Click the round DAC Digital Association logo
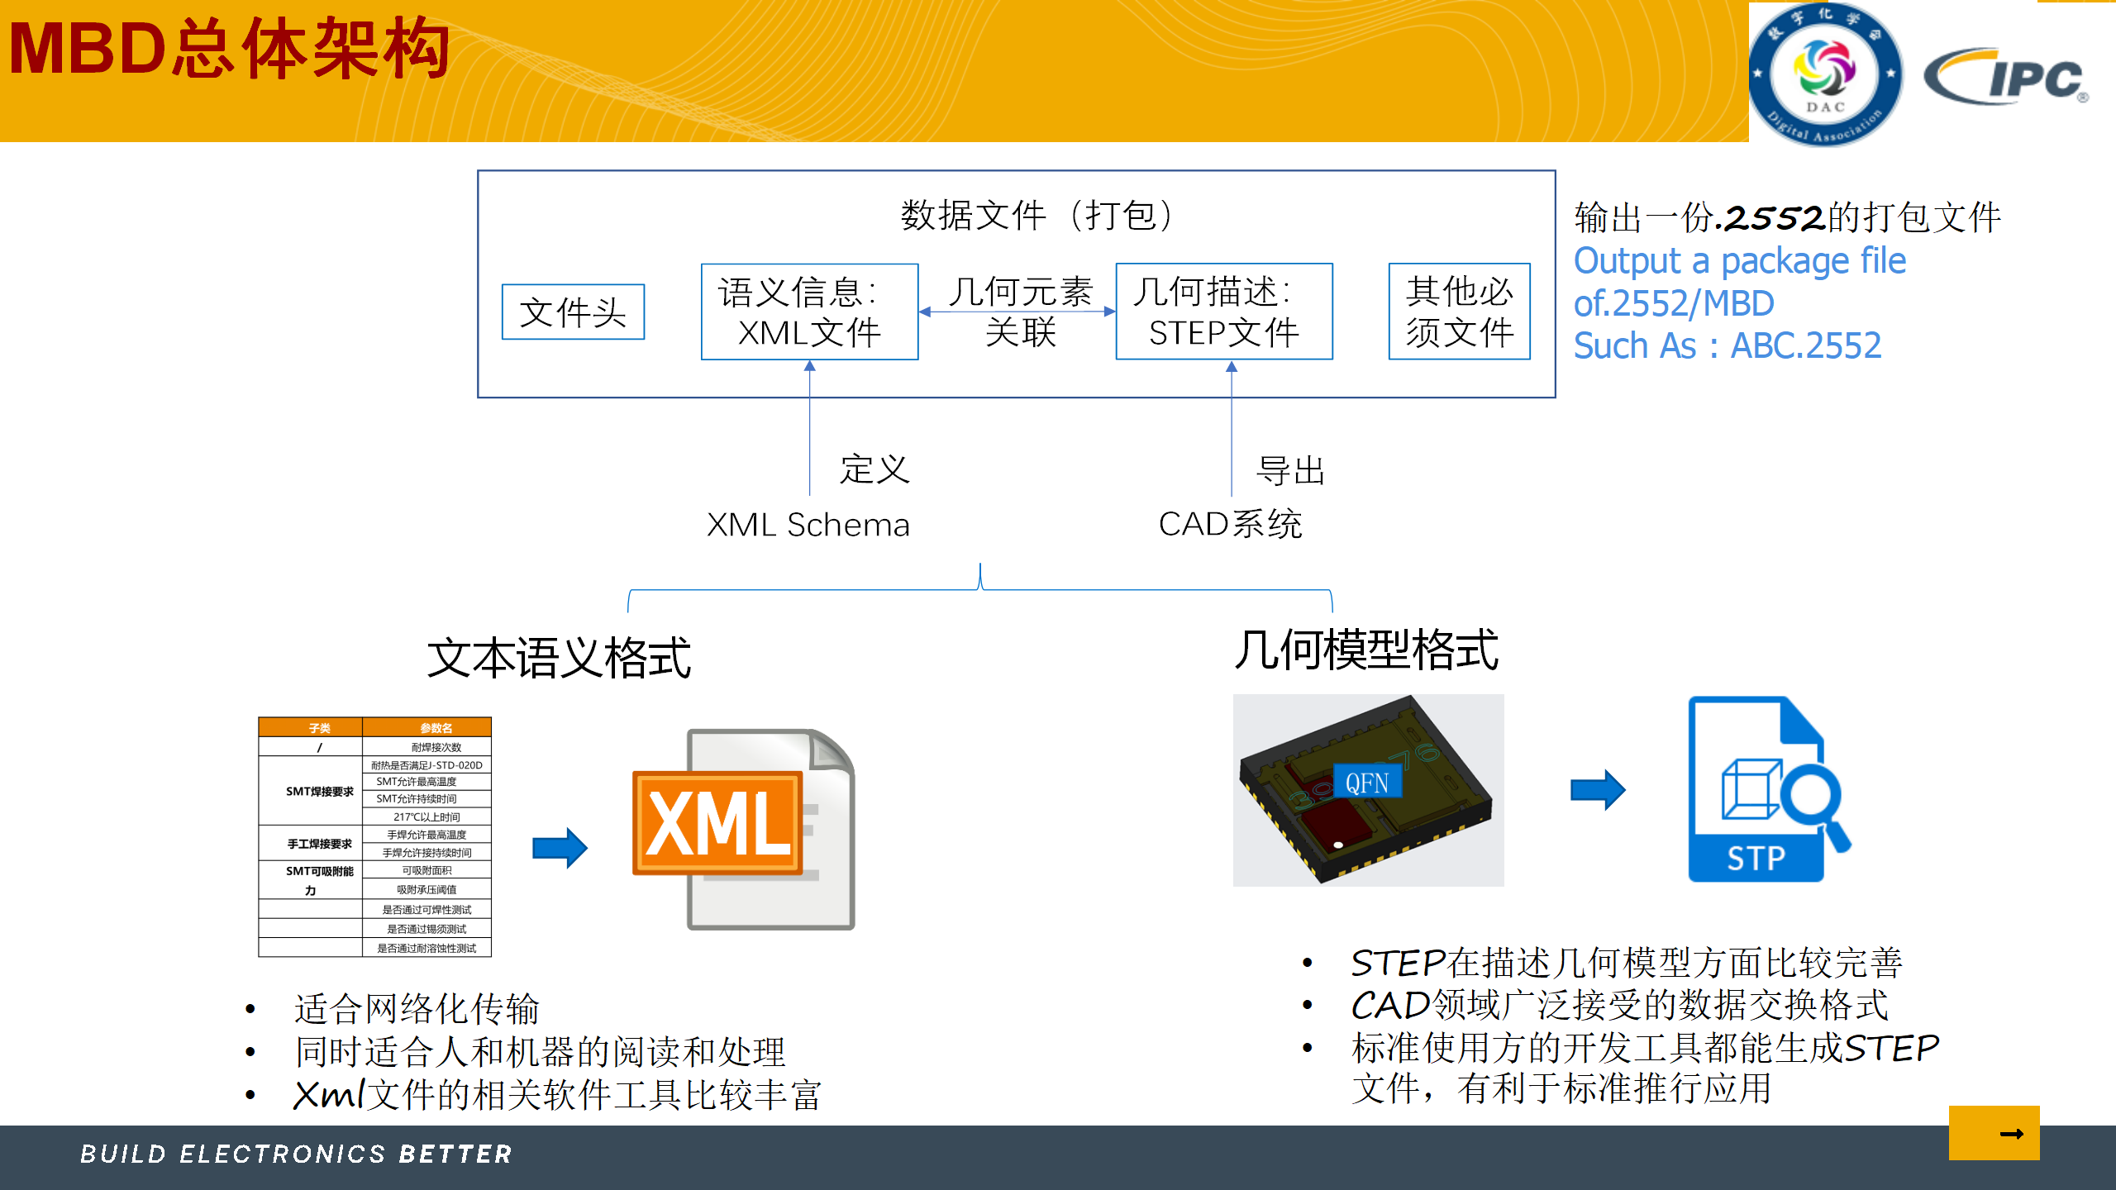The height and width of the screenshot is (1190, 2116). [x=1825, y=74]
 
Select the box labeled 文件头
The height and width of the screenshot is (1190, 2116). [x=573, y=312]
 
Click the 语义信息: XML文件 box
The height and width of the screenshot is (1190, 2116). [x=809, y=312]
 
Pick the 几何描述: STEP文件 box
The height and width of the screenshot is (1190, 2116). [x=1223, y=312]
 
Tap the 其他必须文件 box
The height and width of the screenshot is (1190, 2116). [x=1459, y=312]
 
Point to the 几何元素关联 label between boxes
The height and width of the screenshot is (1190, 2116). [x=1020, y=311]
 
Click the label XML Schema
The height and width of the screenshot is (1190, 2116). [x=808, y=525]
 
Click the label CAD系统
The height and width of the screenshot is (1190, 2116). [x=1230, y=524]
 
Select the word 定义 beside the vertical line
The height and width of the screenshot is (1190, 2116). [x=875, y=469]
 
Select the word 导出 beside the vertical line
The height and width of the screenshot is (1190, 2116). [x=1290, y=471]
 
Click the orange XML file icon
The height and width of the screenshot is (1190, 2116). [x=744, y=828]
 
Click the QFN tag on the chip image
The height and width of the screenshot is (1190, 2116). [x=1367, y=783]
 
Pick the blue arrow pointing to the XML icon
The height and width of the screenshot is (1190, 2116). [x=560, y=848]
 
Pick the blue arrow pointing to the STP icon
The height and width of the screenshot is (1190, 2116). [x=1597, y=790]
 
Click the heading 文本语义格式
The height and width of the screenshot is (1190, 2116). [x=559, y=659]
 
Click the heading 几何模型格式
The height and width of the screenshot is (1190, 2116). [x=1365, y=650]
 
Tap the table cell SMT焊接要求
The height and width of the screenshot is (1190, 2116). [x=319, y=792]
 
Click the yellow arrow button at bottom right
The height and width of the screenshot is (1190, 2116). [x=1994, y=1133]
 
